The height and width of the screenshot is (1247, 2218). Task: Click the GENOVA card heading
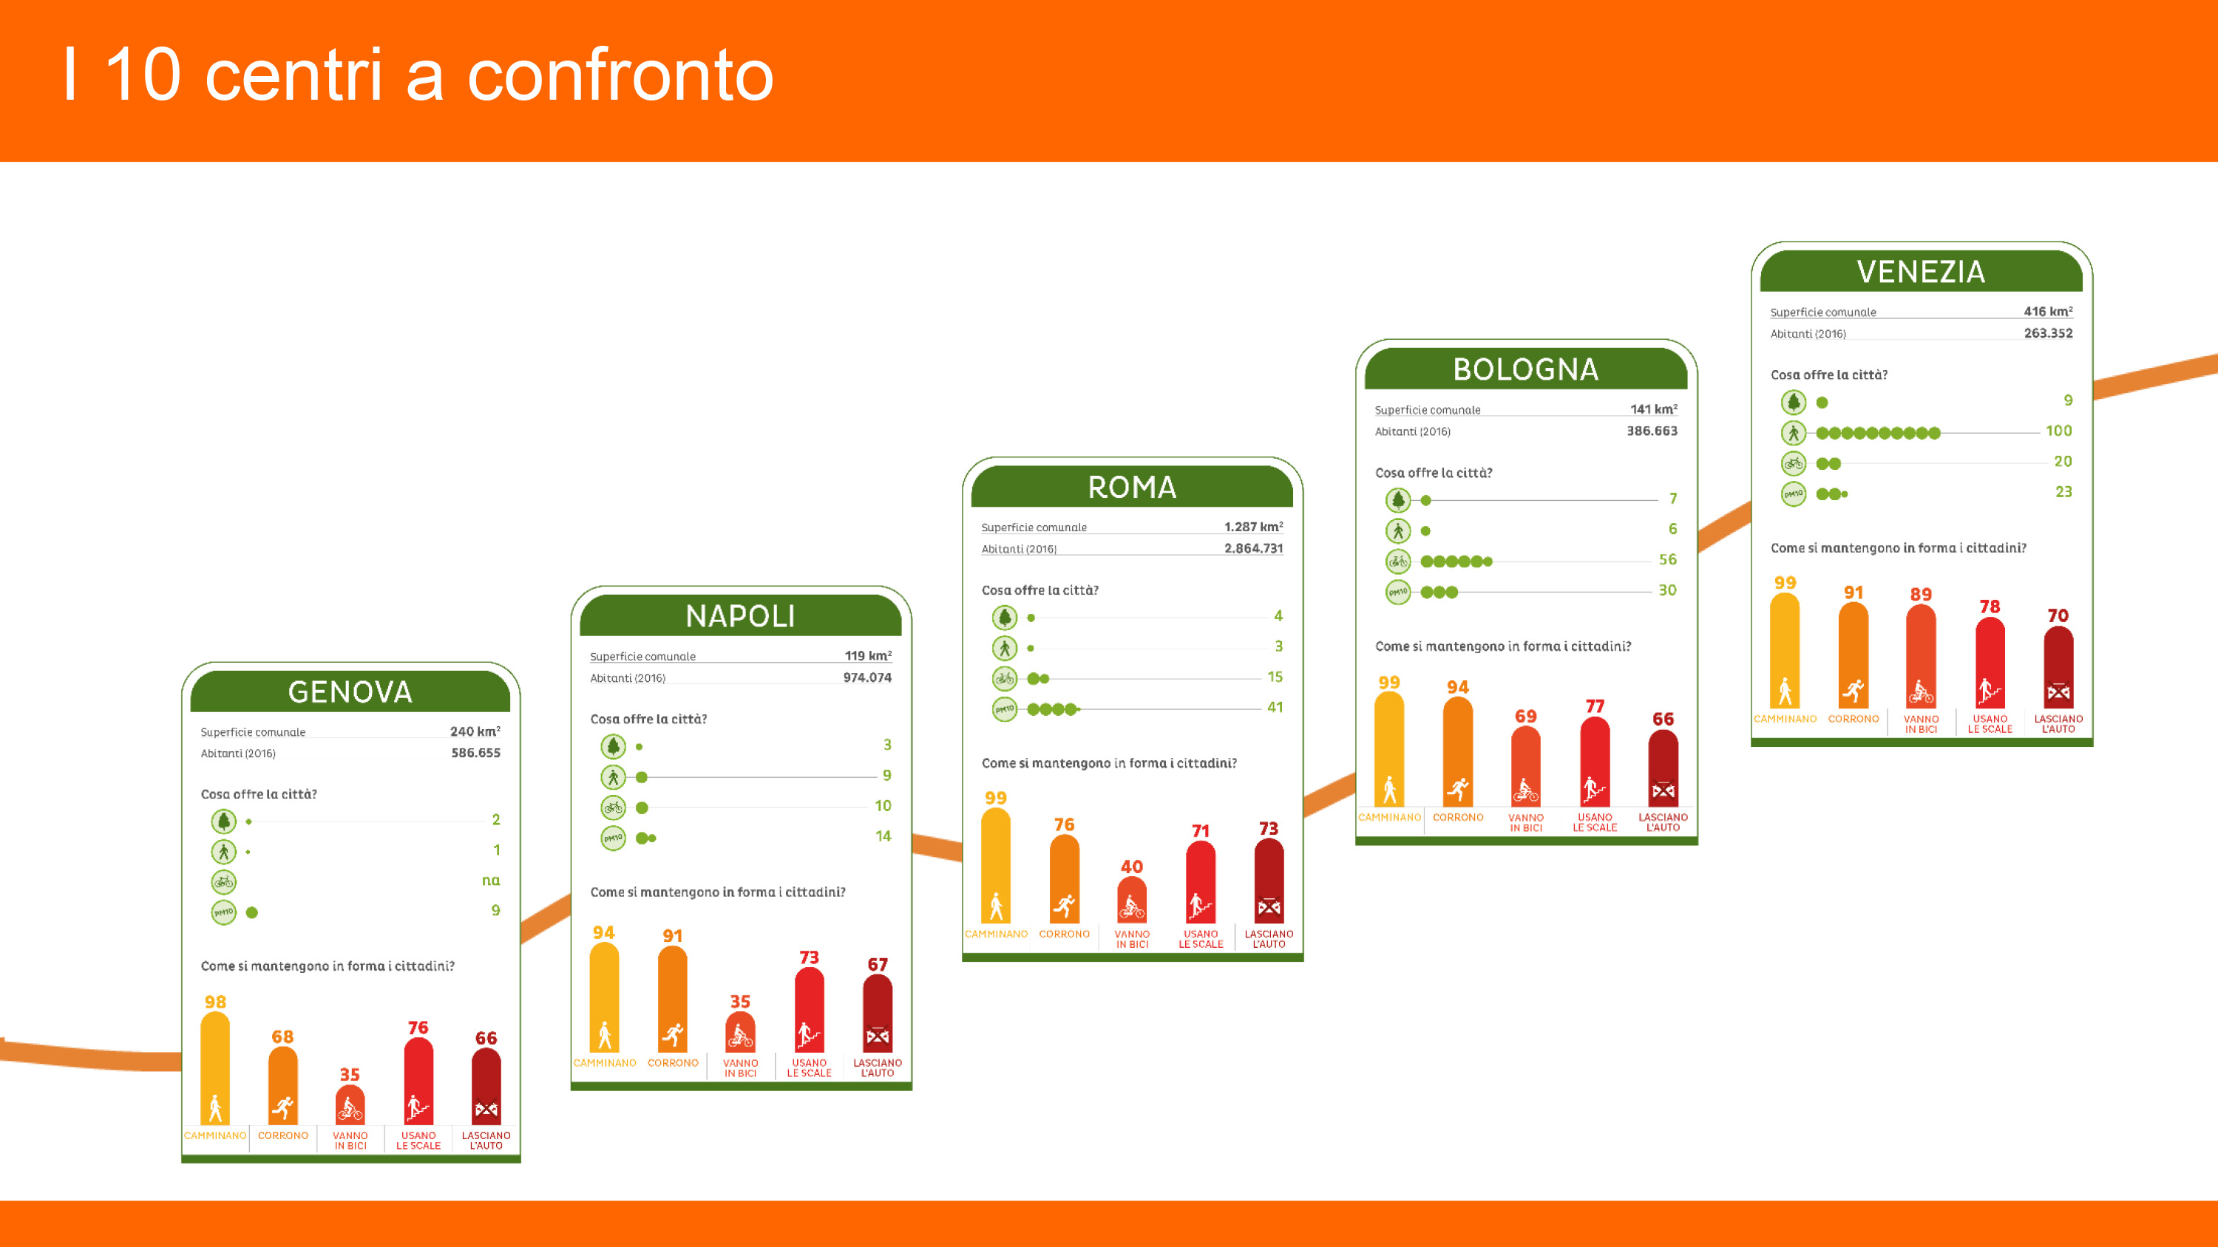pos(350,692)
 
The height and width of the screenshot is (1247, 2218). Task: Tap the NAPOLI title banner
pos(741,616)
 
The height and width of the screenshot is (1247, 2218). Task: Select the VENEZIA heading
pos(1921,272)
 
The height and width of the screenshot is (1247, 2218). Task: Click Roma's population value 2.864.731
pos(1254,548)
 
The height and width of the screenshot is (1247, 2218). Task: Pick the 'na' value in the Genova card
pos(491,880)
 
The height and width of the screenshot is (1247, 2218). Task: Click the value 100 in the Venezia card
pos(2059,430)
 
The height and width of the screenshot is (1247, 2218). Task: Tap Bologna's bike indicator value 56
pos(1668,559)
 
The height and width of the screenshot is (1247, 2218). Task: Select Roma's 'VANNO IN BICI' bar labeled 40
pos(1131,899)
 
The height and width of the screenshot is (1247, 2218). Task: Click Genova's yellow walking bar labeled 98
pos(215,1068)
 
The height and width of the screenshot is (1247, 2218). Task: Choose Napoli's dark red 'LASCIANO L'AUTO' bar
pos(878,1013)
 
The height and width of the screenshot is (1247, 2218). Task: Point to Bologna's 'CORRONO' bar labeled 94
pos(1458,751)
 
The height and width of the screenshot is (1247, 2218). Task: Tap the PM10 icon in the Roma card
pos(1005,709)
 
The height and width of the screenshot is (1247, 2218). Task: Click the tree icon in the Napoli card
pos(613,746)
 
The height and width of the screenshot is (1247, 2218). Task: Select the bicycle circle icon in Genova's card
pos(224,882)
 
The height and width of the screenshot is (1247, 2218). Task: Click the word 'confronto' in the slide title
pos(620,76)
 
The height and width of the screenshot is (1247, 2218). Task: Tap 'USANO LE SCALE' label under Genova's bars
pos(418,1141)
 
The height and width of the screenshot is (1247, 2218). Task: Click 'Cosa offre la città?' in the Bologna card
pos(1434,473)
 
